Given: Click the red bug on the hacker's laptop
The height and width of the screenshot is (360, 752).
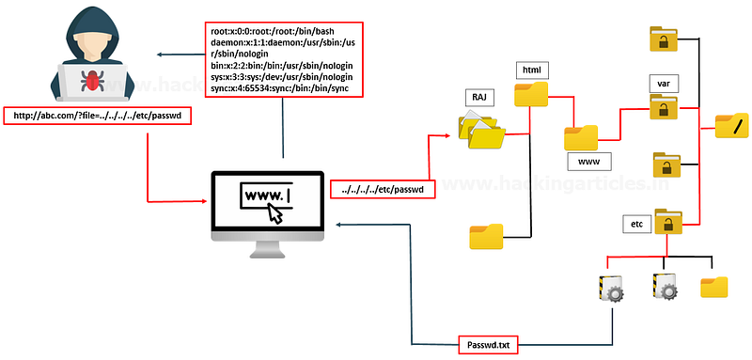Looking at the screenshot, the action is [92, 80].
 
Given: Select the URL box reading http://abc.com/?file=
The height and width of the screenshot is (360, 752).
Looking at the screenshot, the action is [98, 117].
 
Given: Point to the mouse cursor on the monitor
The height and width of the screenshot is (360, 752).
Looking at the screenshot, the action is [275, 212].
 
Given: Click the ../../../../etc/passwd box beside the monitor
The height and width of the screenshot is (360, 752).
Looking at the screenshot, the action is [383, 189].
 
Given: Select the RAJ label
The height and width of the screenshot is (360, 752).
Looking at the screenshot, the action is [479, 99].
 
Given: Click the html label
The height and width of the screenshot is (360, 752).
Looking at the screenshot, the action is [531, 70].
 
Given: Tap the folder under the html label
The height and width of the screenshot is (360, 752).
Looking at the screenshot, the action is [531, 94].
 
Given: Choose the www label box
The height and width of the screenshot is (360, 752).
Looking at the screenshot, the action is [589, 162].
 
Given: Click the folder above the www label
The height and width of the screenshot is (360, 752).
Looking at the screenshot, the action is [581, 138].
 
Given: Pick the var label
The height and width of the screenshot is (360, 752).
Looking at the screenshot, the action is [665, 83].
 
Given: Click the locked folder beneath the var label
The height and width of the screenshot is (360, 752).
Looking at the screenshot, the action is [664, 106].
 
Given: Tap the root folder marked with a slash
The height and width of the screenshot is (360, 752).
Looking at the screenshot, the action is [732, 126].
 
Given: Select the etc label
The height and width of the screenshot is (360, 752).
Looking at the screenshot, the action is [637, 224].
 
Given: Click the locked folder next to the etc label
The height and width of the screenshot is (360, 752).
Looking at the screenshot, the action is [668, 221].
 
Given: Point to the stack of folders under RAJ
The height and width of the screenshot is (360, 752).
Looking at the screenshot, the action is [481, 130].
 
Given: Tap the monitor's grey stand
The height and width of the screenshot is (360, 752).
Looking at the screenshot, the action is [267, 249].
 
